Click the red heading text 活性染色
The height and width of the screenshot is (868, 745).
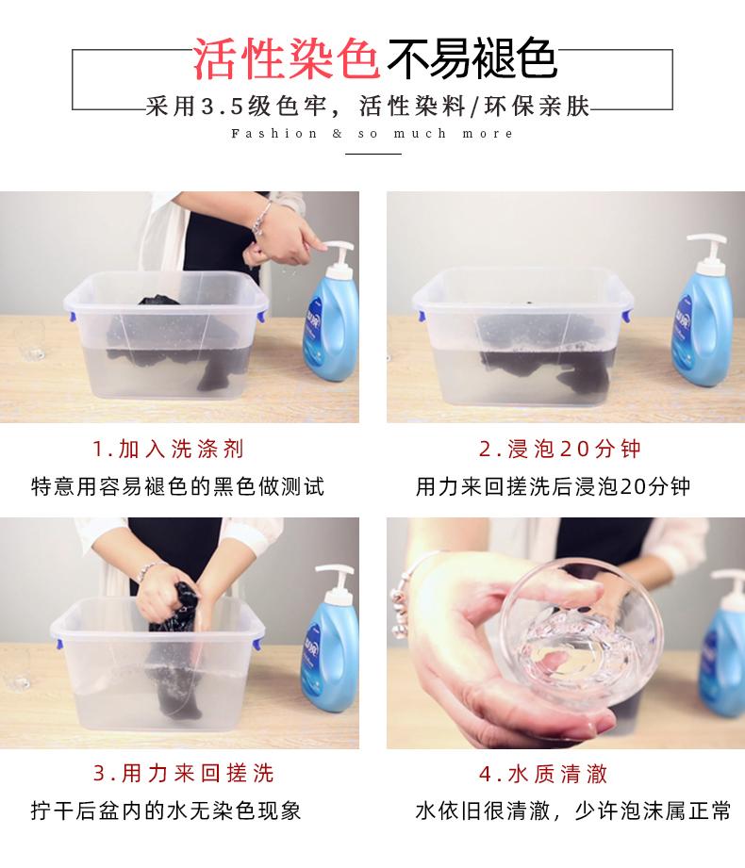pos(286,58)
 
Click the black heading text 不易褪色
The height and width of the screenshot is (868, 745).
pos(472,58)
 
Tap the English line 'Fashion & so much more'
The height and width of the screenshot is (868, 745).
pos(372,134)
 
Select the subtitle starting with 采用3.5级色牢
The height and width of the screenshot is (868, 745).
pos(368,106)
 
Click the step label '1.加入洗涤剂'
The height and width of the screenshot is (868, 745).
pos(169,449)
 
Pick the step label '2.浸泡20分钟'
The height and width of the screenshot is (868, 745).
pos(560,449)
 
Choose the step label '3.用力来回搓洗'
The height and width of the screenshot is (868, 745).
pos(183,774)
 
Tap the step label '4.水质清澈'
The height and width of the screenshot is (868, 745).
pos(543,774)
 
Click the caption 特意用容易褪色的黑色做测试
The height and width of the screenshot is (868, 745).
pos(177,486)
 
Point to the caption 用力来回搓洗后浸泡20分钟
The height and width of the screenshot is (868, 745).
pos(553,486)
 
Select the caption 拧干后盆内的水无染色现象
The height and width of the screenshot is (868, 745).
pos(166,811)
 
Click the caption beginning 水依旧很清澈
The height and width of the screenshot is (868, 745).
pos(573,811)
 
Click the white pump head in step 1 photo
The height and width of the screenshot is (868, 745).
pos(338,256)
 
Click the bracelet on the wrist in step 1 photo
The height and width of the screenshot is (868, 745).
pos(261,218)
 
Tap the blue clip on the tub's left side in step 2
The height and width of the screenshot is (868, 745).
pos(421,316)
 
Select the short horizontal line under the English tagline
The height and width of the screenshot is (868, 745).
pos(373,154)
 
